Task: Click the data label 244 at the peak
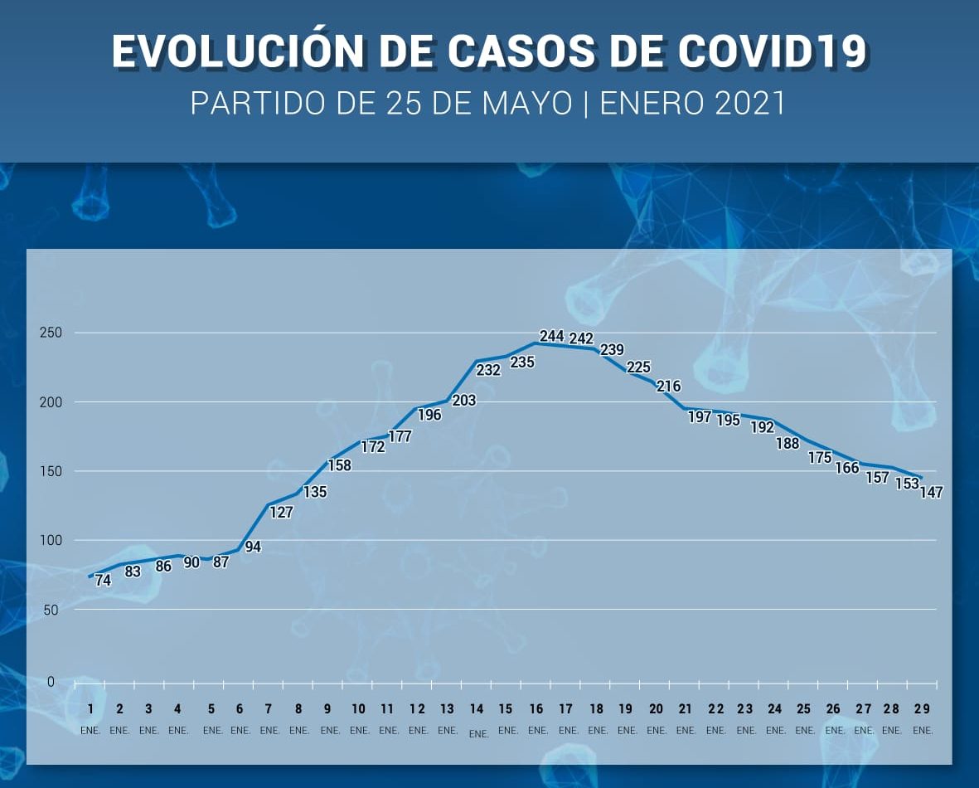pos(551,336)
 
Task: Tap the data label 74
pos(103,581)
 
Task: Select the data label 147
pos(931,492)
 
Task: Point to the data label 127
pos(281,513)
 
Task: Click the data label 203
pos(464,401)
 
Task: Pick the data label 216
pos(668,386)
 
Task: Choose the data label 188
pos(788,444)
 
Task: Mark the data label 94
pos(253,547)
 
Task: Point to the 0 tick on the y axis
pos(51,682)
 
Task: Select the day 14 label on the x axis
pos(477,709)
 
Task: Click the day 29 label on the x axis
pos(921,709)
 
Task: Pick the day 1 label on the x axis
pos(90,709)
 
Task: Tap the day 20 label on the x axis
pos(656,709)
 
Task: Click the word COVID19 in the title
pos(773,52)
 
